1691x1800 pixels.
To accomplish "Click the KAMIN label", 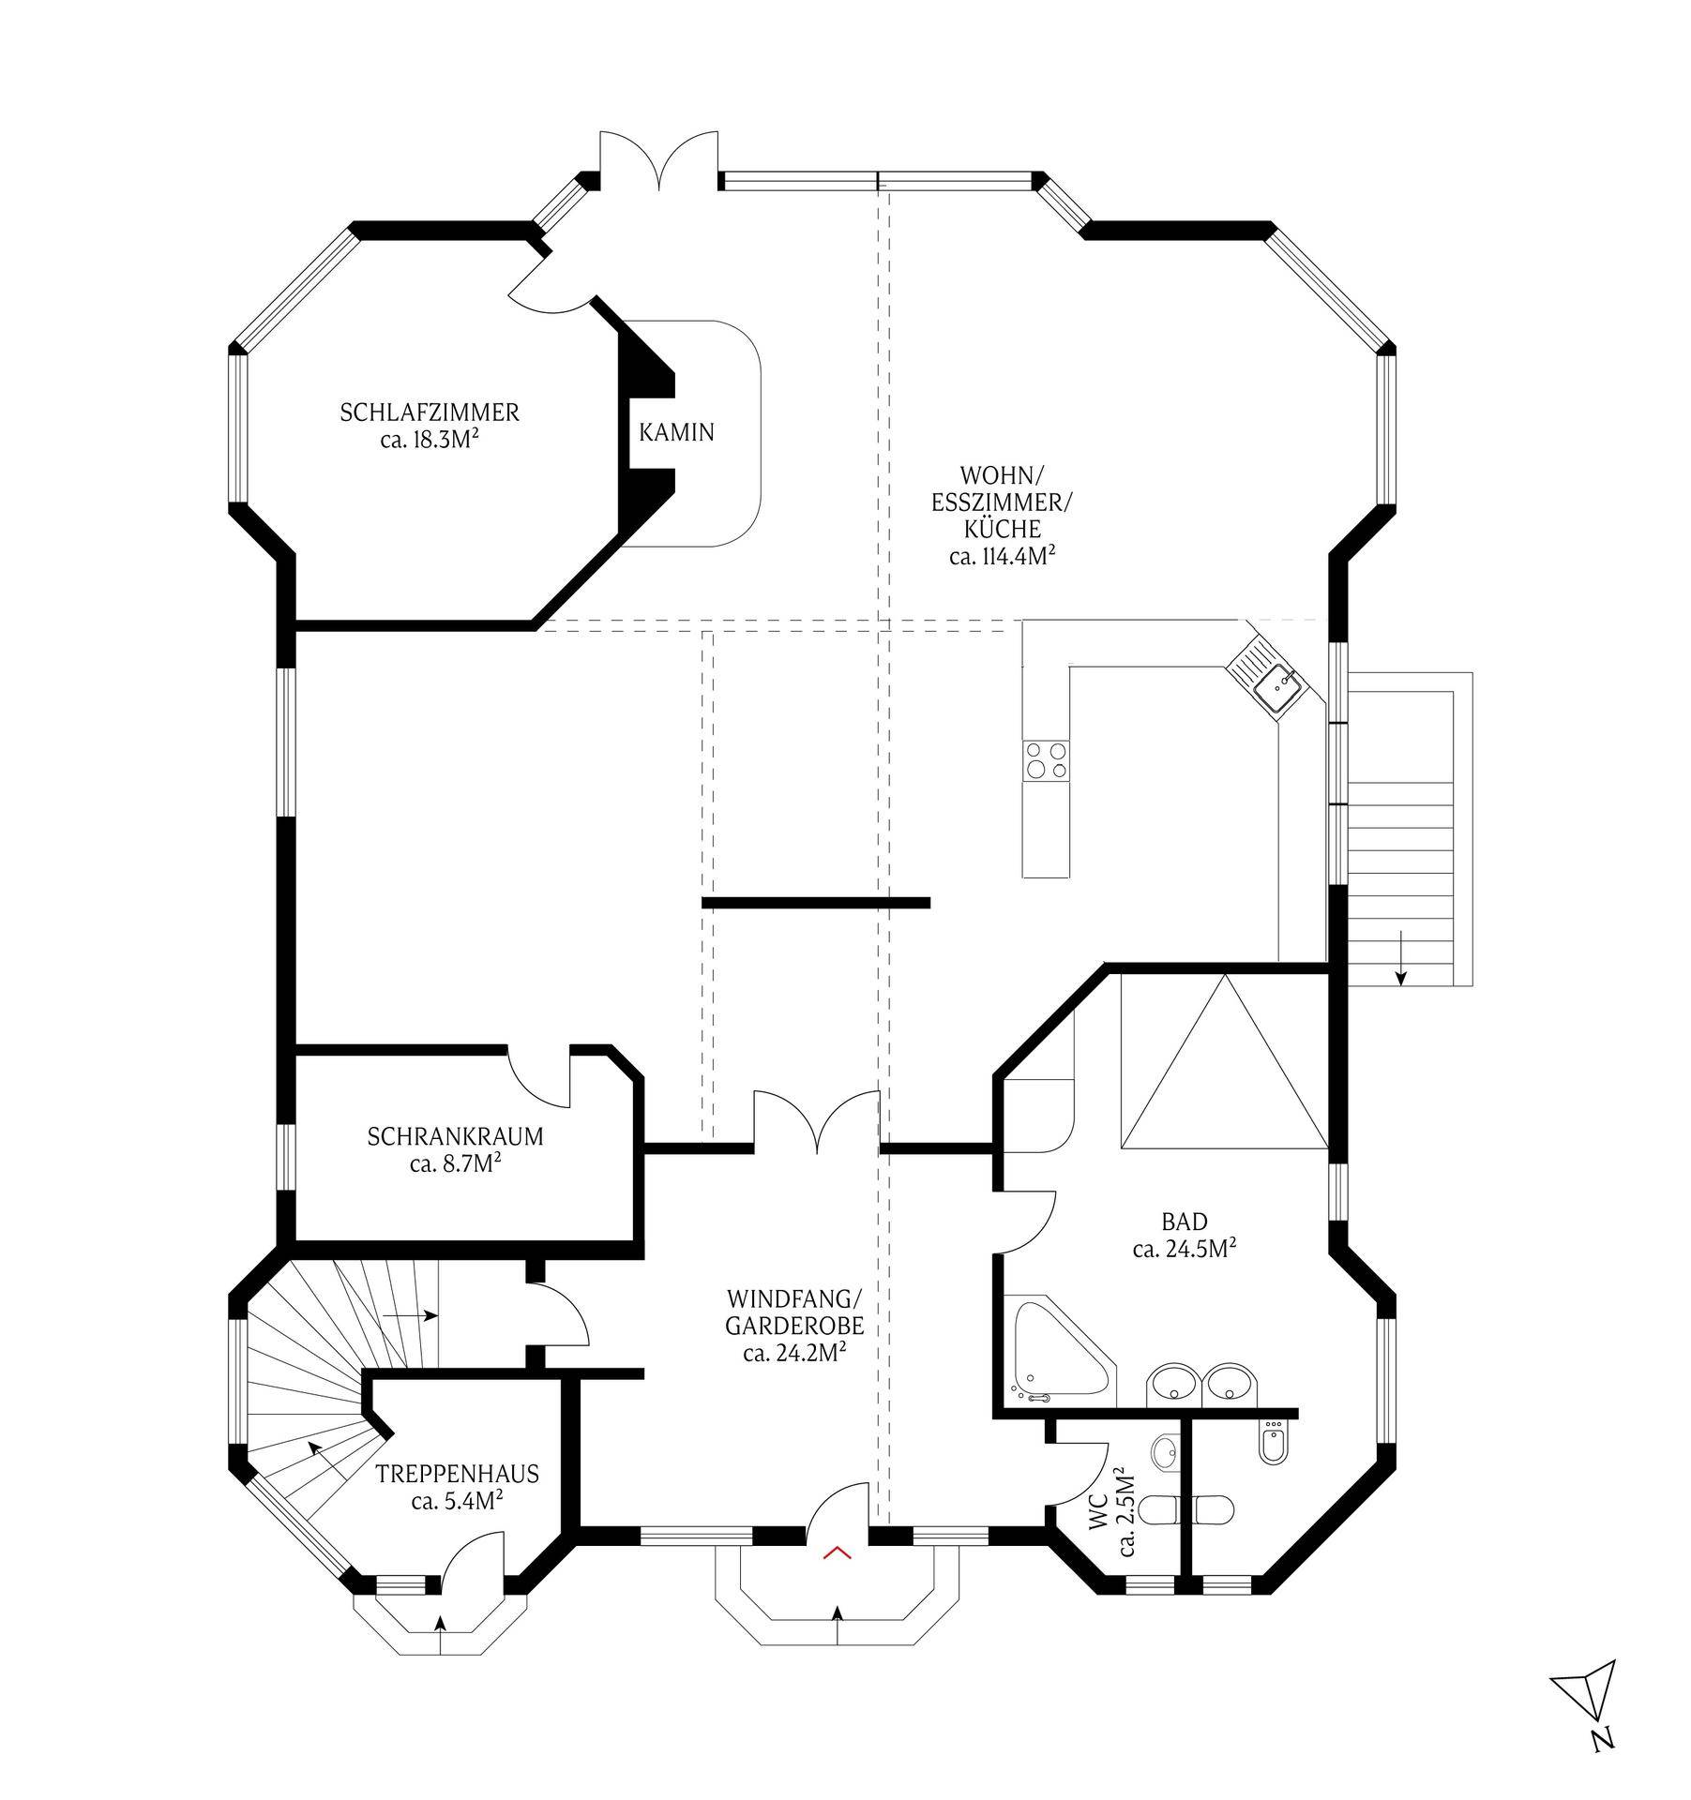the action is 676,432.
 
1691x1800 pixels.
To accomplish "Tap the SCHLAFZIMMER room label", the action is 430,412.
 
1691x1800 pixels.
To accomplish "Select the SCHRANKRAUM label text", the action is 455,1137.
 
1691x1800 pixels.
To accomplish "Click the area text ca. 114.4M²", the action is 1002,556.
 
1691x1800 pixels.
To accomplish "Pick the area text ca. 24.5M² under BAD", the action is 1184,1249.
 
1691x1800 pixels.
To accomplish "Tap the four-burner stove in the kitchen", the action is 1046,760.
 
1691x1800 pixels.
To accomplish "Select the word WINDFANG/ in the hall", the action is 793,1300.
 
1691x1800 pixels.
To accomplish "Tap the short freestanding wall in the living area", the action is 816,903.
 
